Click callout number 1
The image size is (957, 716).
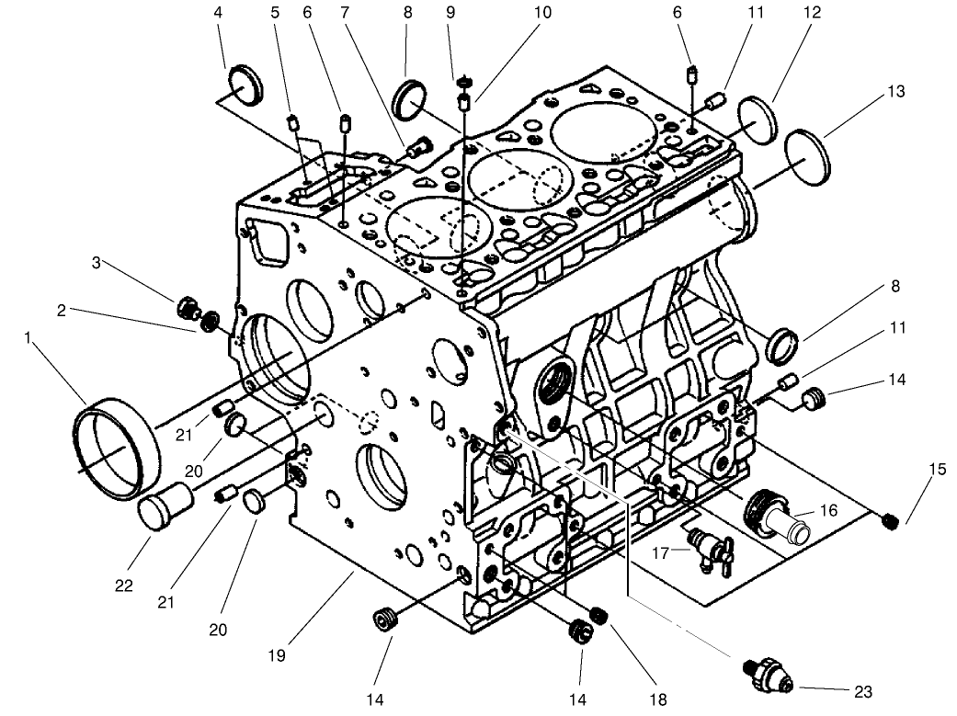pyautogui.click(x=30, y=339)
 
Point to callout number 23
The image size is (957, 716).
pyautogui.click(x=862, y=691)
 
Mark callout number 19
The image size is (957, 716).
pyautogui.click(x=277, y=655)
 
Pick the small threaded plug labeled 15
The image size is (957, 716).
pyautogui.click(x=889, y=522)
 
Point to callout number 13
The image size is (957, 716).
pyautogui.click(x=870, y=92)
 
